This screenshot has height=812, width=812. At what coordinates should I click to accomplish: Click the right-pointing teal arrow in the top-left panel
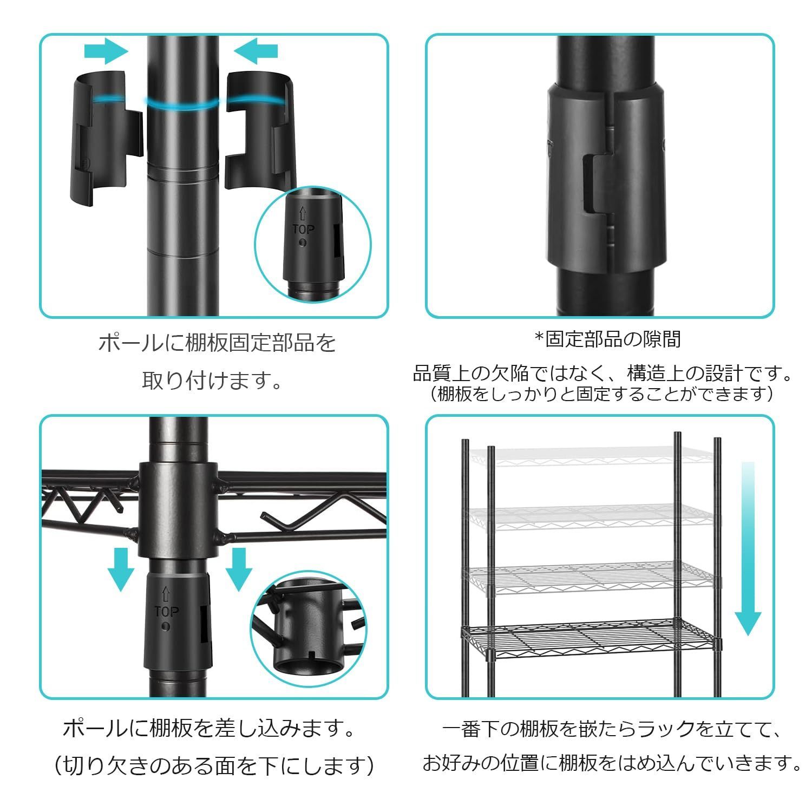106,51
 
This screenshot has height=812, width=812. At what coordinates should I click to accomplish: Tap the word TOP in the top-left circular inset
303,229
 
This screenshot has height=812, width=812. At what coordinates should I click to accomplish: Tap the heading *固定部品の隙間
607,339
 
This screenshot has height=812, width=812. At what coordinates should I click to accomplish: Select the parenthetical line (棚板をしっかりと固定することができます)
603,394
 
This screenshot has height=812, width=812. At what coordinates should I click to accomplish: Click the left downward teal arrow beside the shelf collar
120,568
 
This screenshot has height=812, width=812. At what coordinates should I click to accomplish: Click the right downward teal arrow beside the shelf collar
238,568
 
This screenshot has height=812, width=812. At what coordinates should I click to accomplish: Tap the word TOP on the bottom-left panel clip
166,612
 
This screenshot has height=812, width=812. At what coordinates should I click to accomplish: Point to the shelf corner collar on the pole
179,509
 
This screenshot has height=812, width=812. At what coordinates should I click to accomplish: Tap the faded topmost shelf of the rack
590,457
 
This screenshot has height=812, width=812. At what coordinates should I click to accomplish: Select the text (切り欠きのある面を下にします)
214,765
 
